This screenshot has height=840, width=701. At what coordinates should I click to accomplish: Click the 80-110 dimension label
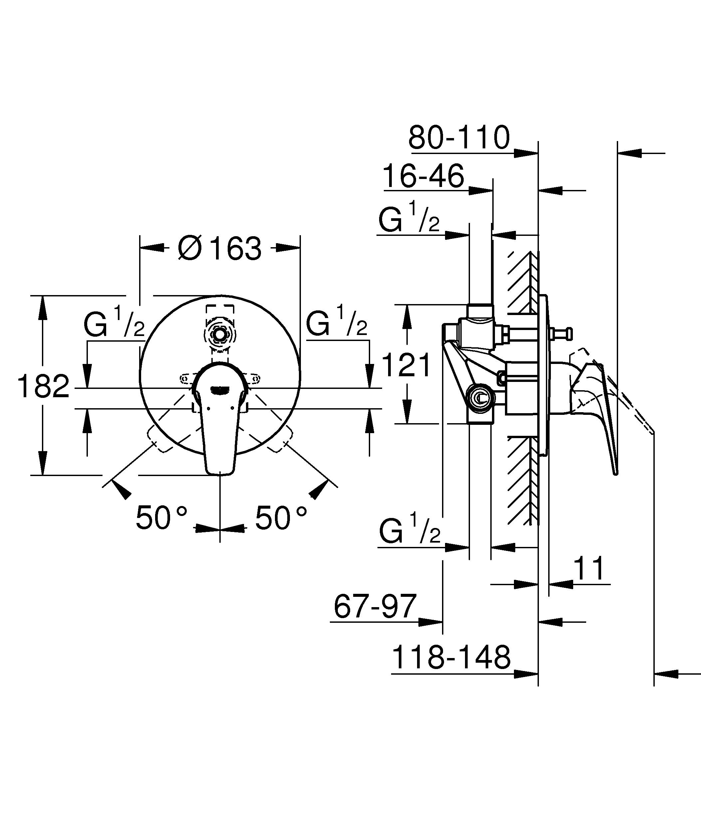[459, 138]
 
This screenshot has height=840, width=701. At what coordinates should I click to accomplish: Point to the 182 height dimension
[43, 387]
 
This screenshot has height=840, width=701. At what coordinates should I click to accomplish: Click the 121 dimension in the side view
[406, 365]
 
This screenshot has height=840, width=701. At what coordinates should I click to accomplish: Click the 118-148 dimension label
[451, 658]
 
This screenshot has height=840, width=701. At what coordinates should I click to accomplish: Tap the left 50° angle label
[161, 518]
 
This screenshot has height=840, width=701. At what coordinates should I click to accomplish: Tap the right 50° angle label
[281, 518]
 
